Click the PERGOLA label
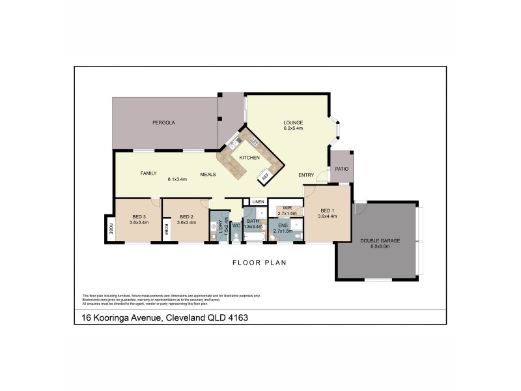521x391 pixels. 163,123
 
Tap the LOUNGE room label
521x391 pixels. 293,122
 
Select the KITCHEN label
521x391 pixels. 249,158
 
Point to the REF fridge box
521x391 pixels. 265,176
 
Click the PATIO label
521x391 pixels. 342,169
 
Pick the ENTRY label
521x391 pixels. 306,175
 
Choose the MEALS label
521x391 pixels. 208,174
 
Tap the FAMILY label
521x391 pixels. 149,173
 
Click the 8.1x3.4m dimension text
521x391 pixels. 177,179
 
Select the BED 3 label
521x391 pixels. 139,216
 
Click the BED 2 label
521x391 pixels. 187,216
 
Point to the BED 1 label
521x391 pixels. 328,210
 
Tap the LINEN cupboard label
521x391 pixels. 258,203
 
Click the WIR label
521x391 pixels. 287,208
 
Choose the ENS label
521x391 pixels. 283,225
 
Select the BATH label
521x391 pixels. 253,222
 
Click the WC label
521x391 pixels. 236,225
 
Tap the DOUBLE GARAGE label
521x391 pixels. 380,241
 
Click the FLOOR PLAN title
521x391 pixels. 260,263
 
